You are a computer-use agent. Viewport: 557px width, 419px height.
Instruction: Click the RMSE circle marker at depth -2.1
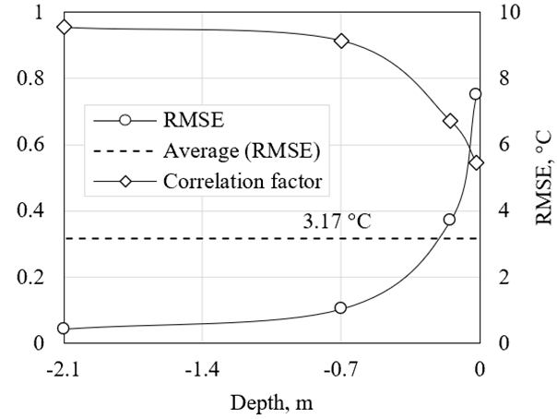[64, 329]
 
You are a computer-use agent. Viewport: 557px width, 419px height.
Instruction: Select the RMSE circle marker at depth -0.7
[340, 307]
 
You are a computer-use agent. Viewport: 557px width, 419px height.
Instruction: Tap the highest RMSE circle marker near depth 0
[476, 94]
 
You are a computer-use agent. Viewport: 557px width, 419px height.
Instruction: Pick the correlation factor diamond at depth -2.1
[64, 27]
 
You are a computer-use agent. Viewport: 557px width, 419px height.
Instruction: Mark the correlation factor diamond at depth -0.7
[341, 41]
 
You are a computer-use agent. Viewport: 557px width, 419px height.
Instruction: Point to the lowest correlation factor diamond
[476, 162]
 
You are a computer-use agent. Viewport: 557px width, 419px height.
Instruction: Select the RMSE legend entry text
[195, 120]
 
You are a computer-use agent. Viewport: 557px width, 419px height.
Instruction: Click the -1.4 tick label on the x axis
[202, 370]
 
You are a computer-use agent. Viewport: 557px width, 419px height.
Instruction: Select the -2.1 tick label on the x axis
[64, 370]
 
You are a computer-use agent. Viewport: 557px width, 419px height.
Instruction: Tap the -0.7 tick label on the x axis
[340, 370]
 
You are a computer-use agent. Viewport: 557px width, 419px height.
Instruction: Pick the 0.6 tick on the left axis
[30, 145]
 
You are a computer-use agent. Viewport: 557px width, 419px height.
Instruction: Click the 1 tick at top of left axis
[38, 12]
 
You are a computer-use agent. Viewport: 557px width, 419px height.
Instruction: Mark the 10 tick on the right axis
[511, 12]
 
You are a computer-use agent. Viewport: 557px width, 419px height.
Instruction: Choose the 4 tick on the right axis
[506, 211]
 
